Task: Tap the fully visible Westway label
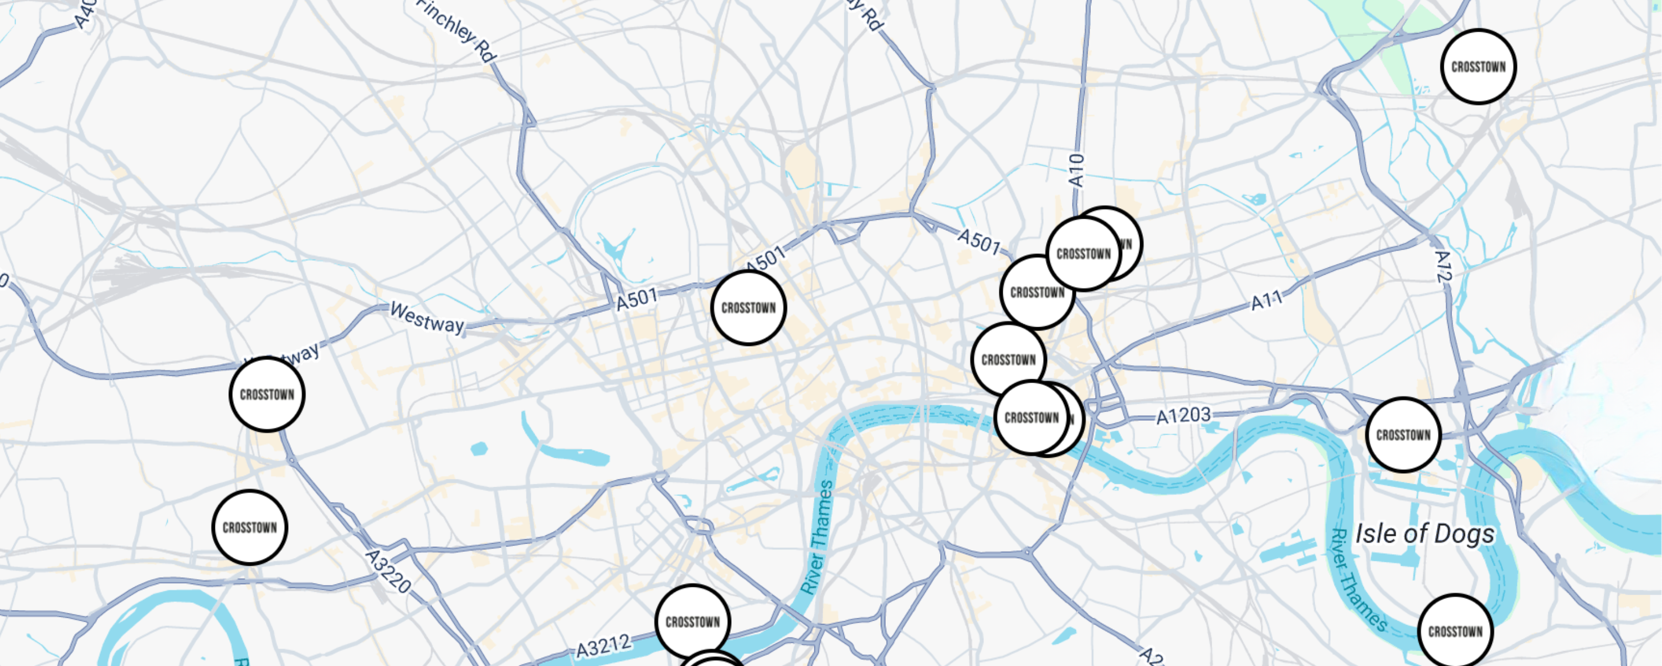[x=427, y=317]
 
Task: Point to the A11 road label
[x=1267, y=301]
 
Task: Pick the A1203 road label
[x=1183, y=416]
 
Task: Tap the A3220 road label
[x=388, y=571]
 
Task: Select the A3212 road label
[x=603, y=646]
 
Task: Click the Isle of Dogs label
[x=1424, y=534]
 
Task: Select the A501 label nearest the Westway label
[x=636, y=298]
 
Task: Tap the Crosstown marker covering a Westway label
[x=267, y=395]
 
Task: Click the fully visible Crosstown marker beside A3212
[x=693, y=622]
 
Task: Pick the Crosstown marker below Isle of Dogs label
[x=1455, y=631]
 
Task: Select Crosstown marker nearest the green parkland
[x=1479, y=66]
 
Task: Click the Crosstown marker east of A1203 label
[x=1403, y=435]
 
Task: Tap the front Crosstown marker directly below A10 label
[x=1084, y=254]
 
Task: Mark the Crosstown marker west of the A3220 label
[x=250, y=528]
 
